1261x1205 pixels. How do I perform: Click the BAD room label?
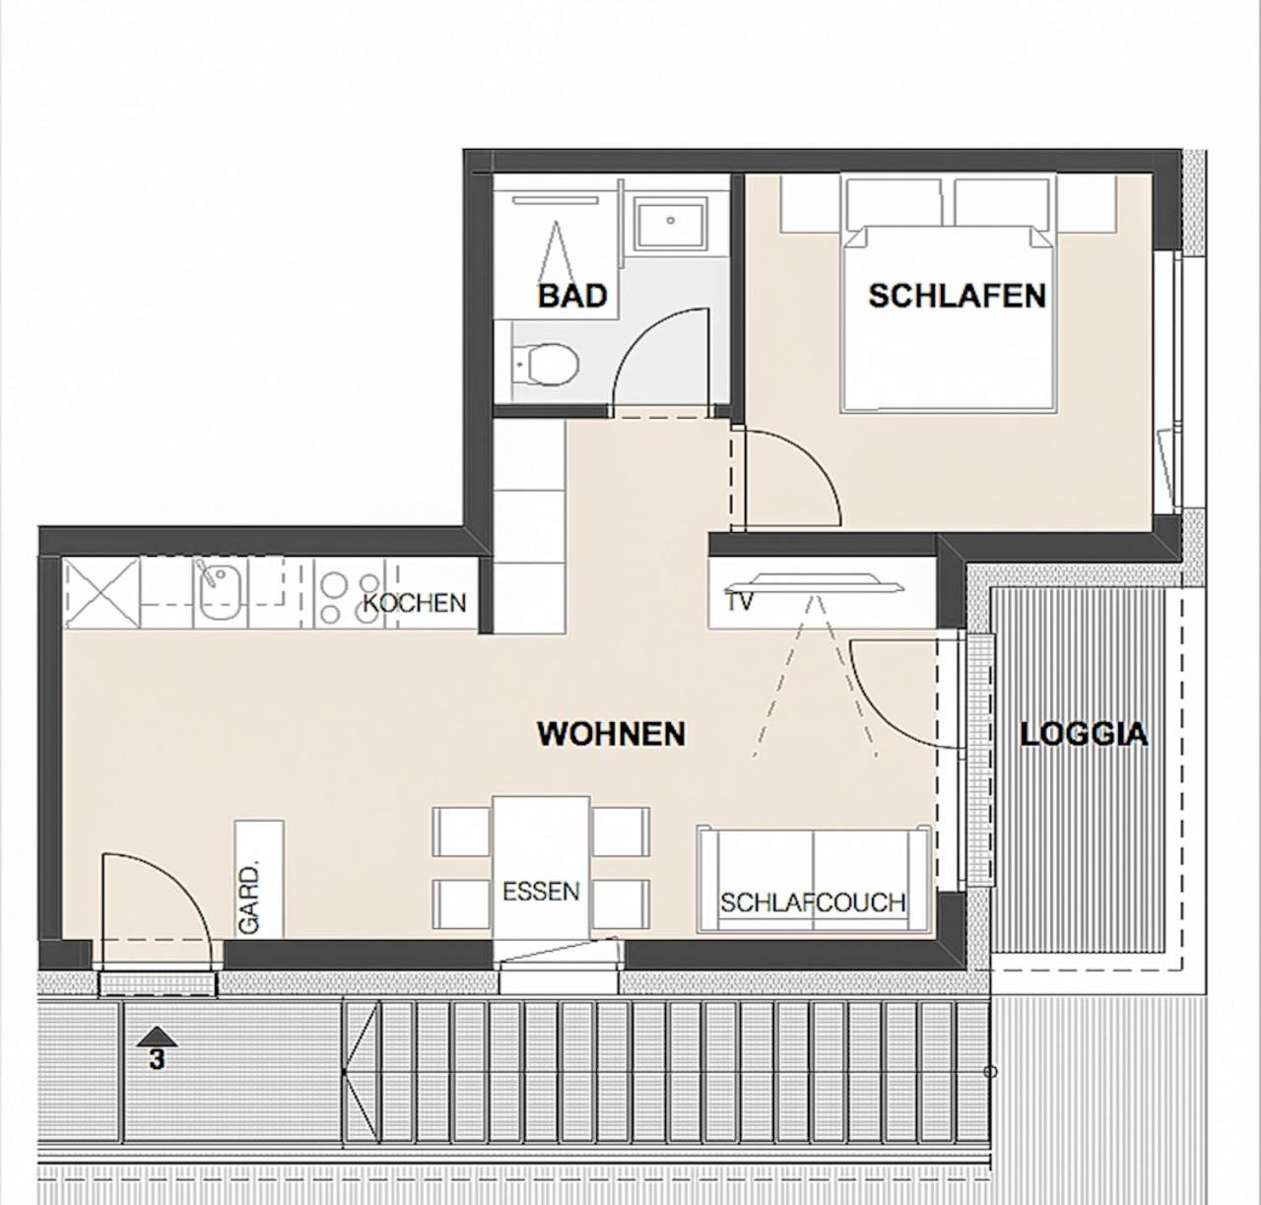coord(572,296)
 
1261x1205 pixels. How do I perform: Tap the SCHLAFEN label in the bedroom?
coord(958,296)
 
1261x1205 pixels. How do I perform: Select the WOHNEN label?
coord(611,734)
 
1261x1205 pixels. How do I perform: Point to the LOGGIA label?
coord(1084,734)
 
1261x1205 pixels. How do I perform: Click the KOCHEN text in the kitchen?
coord(415,603)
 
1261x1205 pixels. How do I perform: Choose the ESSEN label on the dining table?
coord(541,892)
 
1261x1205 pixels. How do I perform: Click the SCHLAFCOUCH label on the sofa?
coord(813,903)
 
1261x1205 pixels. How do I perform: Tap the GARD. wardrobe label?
coord(249,898)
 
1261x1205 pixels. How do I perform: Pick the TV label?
coord(740,602)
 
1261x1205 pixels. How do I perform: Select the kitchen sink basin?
coord(220,592)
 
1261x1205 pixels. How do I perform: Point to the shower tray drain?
coord(671,221)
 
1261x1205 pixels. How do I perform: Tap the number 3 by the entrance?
coord(157,1059)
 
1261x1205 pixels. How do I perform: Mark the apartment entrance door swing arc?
coord(178,875)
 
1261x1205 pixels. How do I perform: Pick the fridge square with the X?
coord(101,593)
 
